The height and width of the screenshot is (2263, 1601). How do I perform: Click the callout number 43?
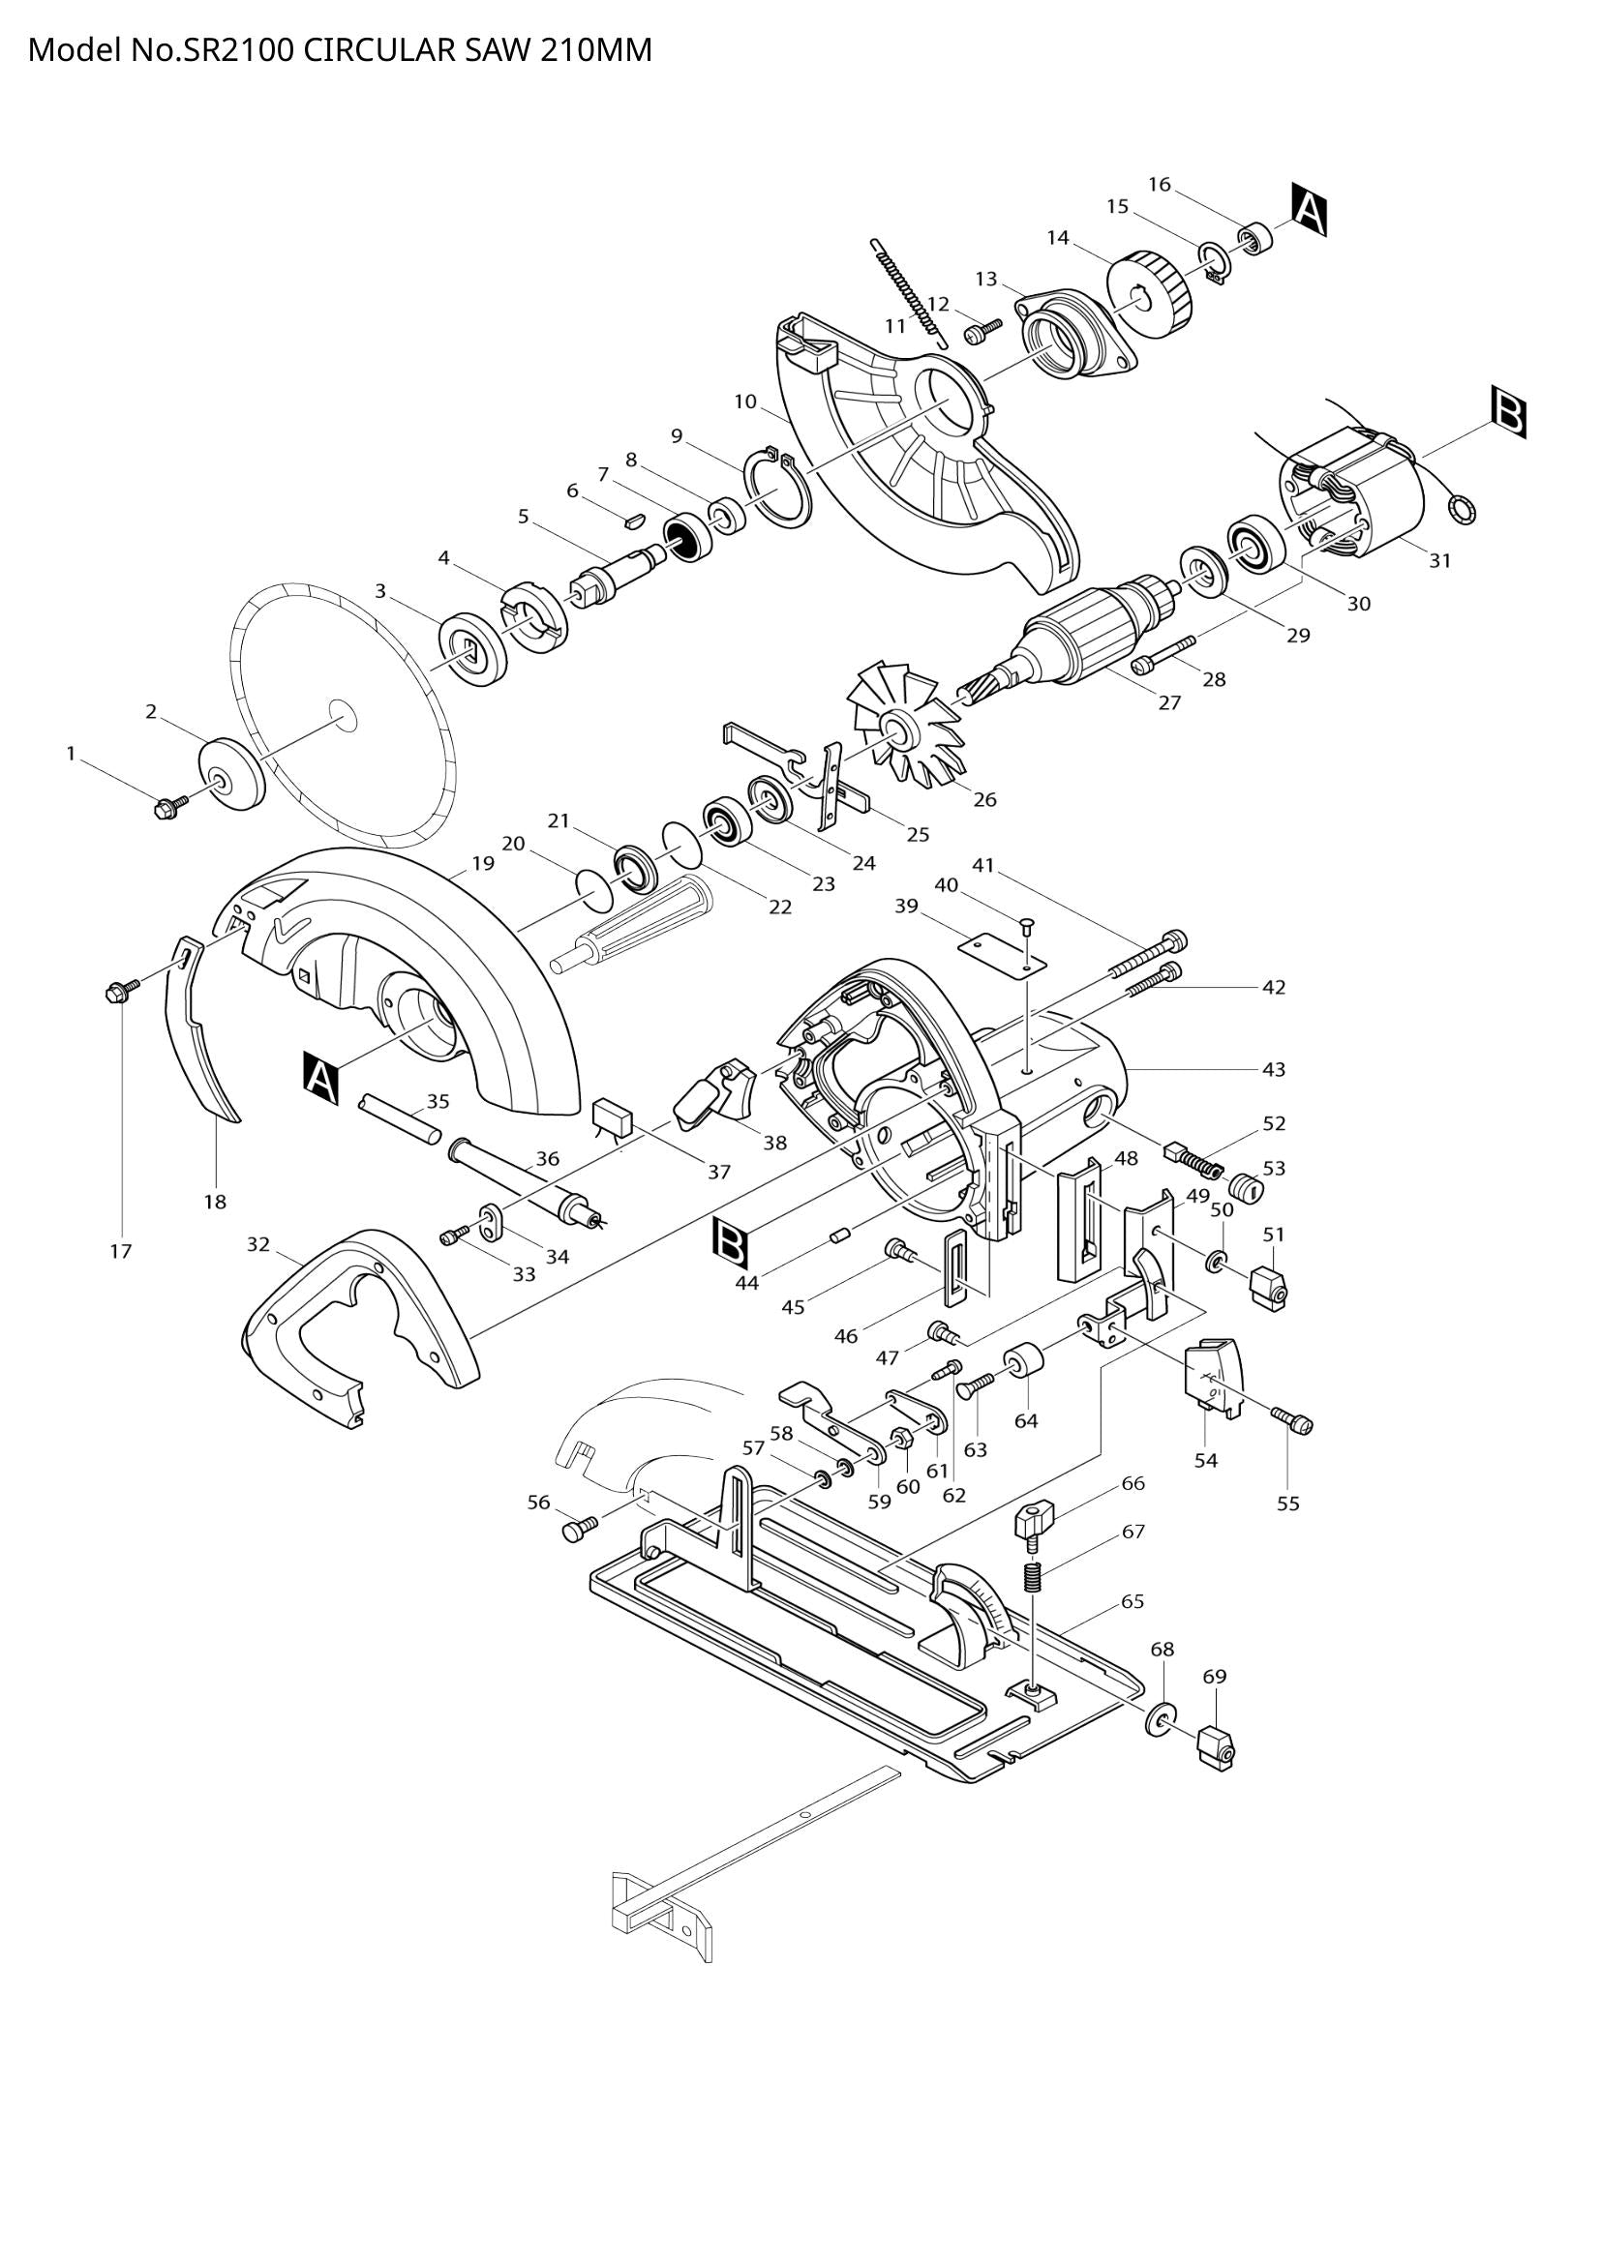click(x=1274, y=1068)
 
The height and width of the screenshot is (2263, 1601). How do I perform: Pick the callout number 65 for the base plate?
click(x=1133, y=1600)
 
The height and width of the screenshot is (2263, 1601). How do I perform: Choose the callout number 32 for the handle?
click(x=258, y=1245)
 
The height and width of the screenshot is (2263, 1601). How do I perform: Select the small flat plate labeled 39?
click(x=1002, y=953)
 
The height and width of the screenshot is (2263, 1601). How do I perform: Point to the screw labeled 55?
click(x=1294, y=1420)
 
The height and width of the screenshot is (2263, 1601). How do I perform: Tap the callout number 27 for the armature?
click(x=1169, y=703)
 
